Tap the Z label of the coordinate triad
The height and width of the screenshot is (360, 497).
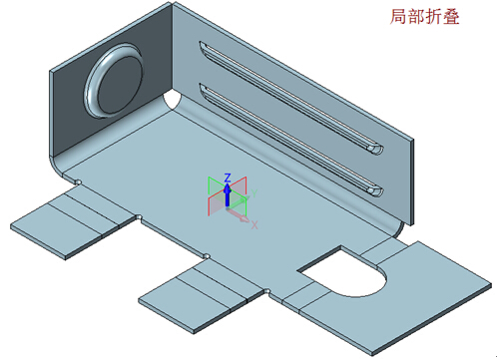point(228,177)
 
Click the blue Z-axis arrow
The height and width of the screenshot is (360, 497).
point(228,193)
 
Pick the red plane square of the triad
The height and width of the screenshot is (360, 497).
point(213,205)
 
